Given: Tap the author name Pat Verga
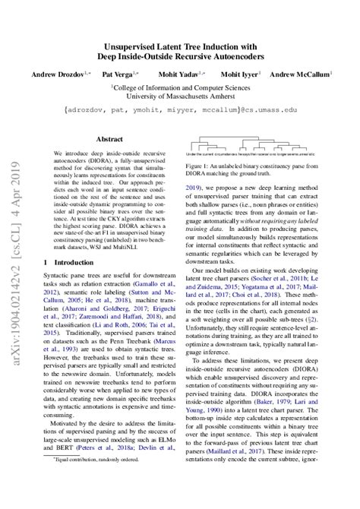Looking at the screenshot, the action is click(118, 74).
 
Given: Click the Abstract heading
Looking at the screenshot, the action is click(107, 139).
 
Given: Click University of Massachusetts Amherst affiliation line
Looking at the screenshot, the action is click(180, 96).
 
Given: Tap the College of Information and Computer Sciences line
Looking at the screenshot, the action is click(181, 87).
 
